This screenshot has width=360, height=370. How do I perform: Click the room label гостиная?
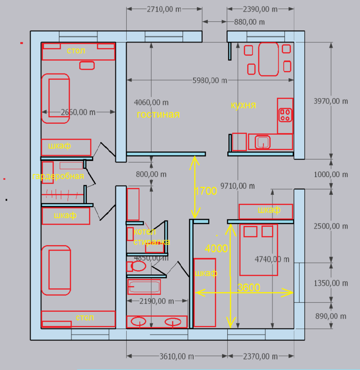pos(158,114)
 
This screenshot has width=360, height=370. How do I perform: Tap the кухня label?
pos(243,105)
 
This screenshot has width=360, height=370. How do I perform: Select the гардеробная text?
pos(58,176)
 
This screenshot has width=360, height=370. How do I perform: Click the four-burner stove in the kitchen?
pos(285,115)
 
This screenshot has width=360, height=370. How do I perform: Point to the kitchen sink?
pos(263,142)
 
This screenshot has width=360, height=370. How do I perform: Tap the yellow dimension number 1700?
pos(206,191)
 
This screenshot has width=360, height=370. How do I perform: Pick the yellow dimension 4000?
pos(216,249)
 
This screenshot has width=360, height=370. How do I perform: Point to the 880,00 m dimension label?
pos(249,22)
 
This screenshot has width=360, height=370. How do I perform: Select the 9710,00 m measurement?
pos(237,186)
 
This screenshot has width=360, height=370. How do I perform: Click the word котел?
pos(145,232)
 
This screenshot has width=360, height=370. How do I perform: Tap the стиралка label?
pos(152,242)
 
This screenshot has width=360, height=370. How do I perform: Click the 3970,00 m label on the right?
pos(331,101)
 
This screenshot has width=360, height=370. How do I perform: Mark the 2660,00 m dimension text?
pos(78,112)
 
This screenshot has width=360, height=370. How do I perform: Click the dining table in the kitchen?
pos(269,59)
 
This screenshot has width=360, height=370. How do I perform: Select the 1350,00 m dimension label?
pos(331,283)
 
